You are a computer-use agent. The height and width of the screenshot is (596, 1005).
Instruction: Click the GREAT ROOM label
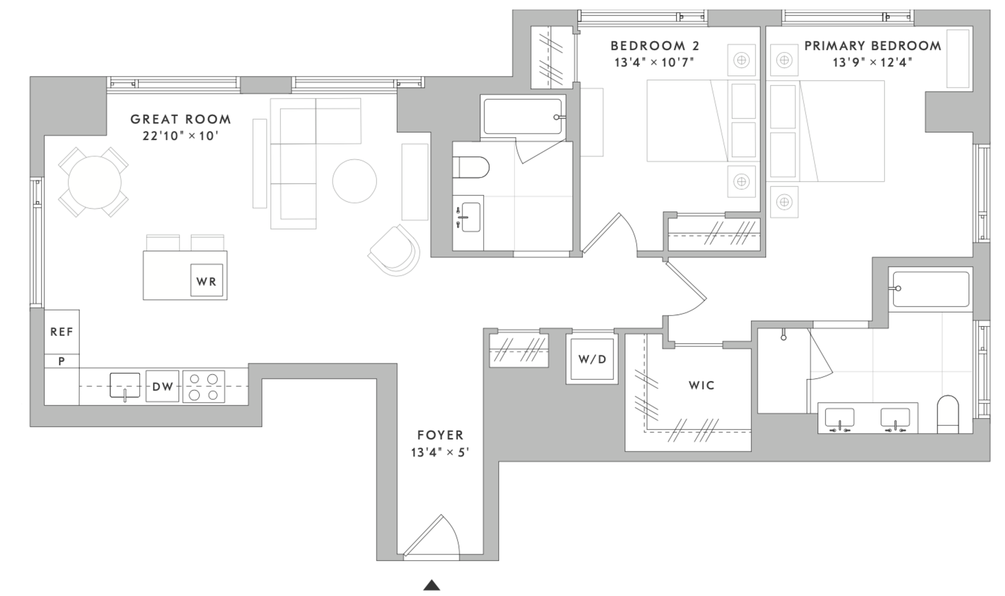[180, 119]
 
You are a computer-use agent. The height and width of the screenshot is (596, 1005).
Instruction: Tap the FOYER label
[441, 435]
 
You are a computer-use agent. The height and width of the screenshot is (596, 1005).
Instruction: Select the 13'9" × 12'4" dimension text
[872, 63]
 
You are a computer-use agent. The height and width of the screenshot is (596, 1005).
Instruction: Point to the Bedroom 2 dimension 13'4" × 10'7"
[654, 63]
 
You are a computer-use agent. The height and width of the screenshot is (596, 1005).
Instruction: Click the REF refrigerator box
[62, 332]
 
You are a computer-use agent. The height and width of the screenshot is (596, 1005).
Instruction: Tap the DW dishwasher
[162, 386]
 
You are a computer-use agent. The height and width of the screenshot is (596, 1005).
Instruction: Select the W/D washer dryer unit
[592, 359]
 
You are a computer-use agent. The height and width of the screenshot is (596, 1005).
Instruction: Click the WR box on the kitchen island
[207, 281]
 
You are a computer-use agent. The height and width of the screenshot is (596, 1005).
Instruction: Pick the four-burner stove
[204, 386]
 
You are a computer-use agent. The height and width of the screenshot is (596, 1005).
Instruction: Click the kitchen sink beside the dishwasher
[125, 385]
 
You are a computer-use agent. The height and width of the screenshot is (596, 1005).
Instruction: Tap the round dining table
[94, 182]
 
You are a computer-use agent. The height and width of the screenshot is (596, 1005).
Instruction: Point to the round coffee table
[354, 181]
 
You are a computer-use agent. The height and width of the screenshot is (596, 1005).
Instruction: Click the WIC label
[701, 385]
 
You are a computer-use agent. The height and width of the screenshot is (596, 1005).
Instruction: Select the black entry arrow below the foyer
[432, 585]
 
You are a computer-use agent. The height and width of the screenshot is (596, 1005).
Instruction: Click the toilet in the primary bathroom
[948, 414]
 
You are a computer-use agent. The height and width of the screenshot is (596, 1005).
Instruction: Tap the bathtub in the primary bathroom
[931, 289]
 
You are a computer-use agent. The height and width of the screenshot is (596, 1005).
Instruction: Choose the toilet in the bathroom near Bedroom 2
[471, 167]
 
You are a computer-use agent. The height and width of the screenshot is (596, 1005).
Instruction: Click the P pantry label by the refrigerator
[62, 361]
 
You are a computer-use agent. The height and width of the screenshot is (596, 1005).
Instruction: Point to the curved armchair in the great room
[394, 251]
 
